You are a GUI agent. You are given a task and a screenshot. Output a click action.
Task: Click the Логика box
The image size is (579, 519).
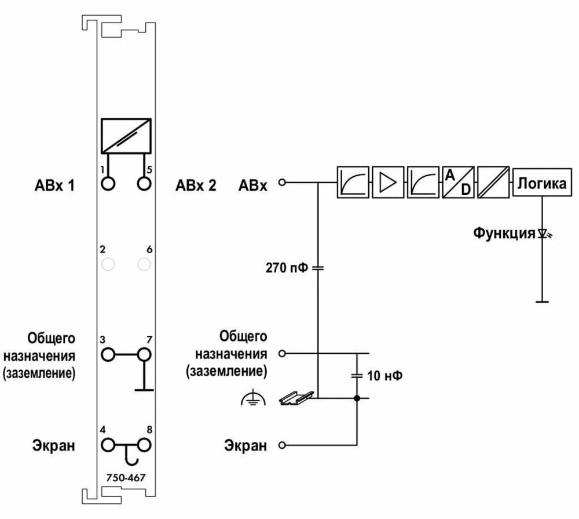[x=541, y=184]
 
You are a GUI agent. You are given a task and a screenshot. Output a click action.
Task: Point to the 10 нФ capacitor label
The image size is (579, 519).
[x=385, y=375]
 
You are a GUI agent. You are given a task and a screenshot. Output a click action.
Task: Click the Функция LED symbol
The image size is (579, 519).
[x=542, y=234]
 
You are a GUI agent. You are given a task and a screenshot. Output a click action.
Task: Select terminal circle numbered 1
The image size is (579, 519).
[x=108, y=184]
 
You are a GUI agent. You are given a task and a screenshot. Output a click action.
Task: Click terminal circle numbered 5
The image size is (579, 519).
[x=144, y=184]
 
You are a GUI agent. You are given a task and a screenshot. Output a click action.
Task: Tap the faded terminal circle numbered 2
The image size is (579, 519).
[x=108, y=265]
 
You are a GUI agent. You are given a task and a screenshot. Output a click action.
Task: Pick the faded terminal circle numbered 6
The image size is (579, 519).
[x=144, y=265]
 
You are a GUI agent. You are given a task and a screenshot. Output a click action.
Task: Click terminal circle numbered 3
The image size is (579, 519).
[x=108, y=354]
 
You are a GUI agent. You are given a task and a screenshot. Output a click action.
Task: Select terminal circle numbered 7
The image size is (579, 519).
[x=144, y=354]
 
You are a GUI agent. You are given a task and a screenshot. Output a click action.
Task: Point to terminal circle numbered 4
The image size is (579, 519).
[x=108, y=445]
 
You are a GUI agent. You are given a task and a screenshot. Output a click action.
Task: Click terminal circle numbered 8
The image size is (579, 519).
[x=144, y=445]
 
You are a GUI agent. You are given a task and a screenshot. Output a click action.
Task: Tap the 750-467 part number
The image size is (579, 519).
[x=126, y=478]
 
